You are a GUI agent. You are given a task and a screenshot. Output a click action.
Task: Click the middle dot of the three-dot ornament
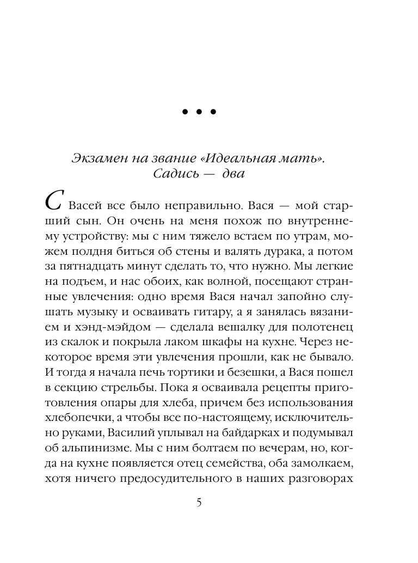(x=199, y=112)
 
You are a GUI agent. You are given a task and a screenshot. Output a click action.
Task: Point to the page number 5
(x=199, y=503)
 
